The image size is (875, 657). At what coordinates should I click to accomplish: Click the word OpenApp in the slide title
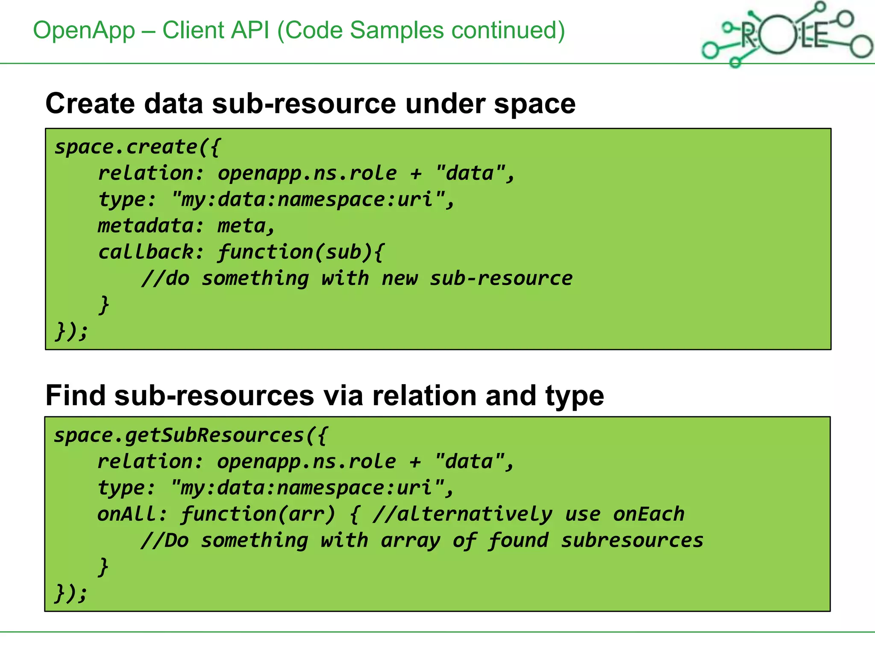84,31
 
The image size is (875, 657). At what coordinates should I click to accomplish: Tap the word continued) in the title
508,31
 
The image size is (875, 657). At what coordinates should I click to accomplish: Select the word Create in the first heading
90,104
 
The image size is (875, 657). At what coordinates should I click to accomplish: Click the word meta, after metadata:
246,226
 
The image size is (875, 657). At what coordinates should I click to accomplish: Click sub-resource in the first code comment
501,278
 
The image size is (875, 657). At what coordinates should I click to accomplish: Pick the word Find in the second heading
75,396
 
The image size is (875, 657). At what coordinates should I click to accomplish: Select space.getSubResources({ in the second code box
191,436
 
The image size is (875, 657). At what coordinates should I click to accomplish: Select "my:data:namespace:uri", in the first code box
312,200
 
